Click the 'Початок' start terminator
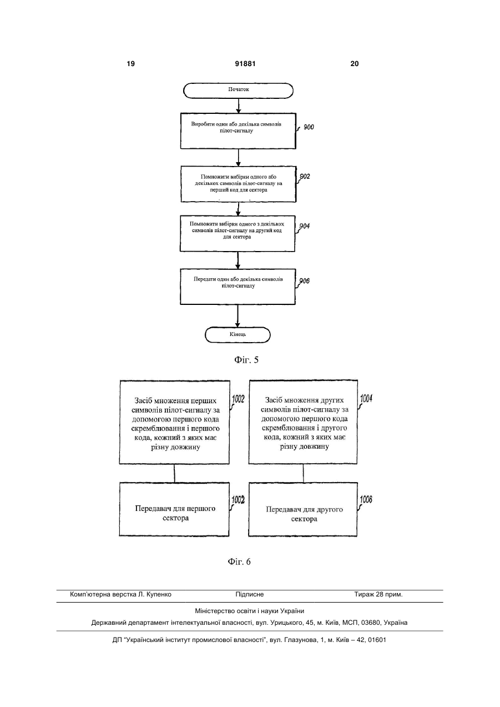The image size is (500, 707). pos(238,91)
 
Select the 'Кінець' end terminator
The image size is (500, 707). pos(238,335)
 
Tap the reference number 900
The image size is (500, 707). pos(309,127)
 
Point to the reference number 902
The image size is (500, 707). pos(305,177)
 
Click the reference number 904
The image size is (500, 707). pos(305,226)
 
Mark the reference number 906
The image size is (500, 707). pos(305,280)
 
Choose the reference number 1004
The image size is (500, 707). pos(366,399)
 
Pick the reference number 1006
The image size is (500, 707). pos(366,499)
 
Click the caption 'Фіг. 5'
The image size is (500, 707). pos(246,360)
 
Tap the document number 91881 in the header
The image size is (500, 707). pos(245,64)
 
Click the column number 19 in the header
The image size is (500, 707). pos(130,64)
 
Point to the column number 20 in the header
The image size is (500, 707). pos(355,64)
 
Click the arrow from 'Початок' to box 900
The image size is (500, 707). pos(239,106)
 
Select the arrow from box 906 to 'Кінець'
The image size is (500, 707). pos(238,316)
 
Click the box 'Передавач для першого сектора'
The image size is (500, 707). pos(174,509)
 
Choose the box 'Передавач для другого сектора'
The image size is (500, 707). pos(303,509)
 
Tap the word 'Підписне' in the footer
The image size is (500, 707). pos(250,594)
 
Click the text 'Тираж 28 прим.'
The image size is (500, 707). pos(378,594)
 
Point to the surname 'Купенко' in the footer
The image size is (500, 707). pos(159,594)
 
